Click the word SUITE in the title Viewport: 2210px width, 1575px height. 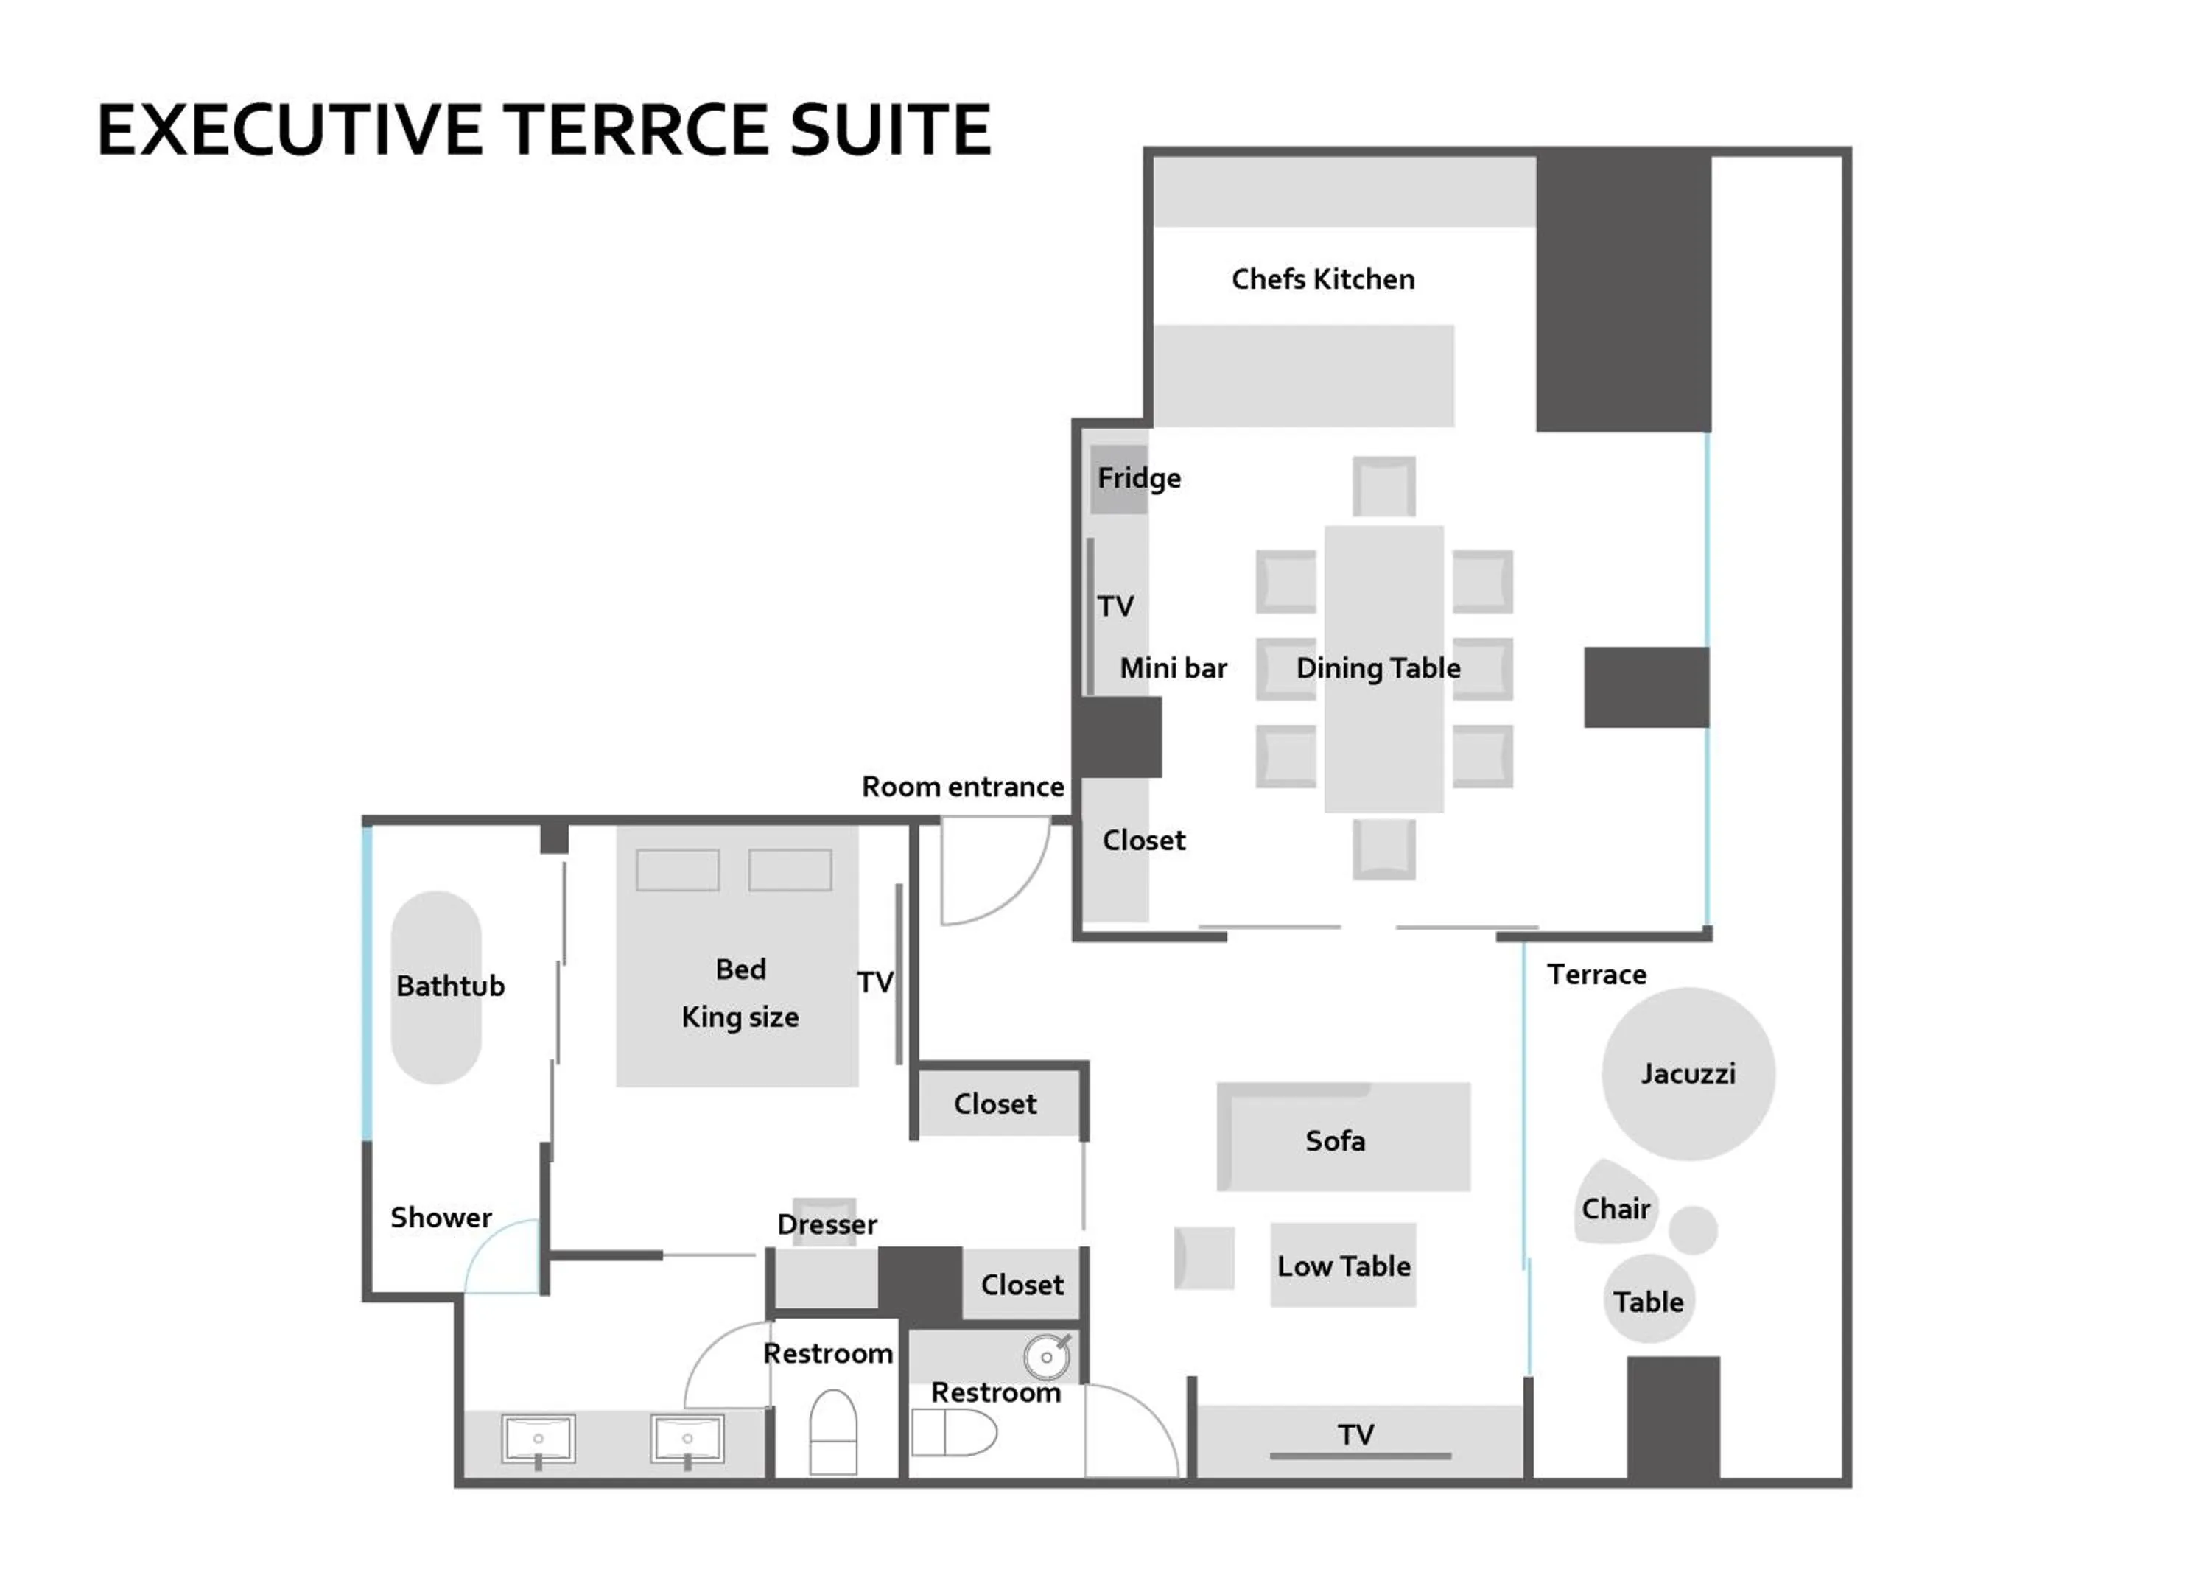tap(889, 131)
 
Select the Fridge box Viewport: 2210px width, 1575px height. tap(1119, 479)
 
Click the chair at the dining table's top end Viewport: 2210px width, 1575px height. tap(1383, 487)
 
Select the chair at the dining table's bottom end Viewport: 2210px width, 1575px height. tap(1383, 849)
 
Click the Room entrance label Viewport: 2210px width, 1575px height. tap(962, 787)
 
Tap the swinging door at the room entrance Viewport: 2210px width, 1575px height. tap(989, 873)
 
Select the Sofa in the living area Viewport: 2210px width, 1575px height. tap(1343, 1137)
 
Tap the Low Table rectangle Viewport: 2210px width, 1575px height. tap(1342, 1265)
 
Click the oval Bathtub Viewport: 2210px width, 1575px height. tap(436, 986)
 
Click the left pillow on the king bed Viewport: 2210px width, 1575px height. tap(677, 870)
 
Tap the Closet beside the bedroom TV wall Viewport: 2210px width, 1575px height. tap(997, 1104)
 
